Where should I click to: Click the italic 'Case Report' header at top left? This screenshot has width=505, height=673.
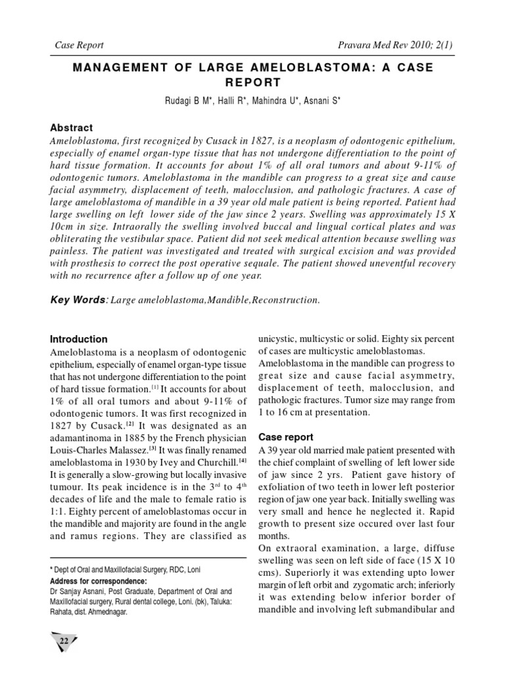[77, 45]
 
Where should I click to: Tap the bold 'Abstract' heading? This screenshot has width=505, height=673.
[72, 128]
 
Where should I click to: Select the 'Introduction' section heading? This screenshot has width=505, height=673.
[79, 339]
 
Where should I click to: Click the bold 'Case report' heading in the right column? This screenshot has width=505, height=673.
[285, 436]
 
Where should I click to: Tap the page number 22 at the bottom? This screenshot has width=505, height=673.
[64, 641]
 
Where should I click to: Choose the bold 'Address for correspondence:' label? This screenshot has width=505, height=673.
[99, 582]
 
